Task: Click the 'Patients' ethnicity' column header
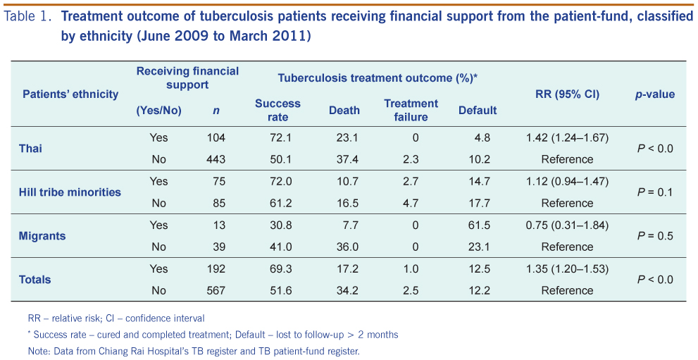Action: tap(70, 94)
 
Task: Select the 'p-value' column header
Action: tap(654, 94)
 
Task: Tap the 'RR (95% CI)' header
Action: tap(567, 94)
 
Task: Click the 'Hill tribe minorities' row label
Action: tap(70, 192)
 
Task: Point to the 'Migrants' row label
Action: tap(42, 236)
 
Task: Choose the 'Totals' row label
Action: tap(35, 280)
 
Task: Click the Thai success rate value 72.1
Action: tap(281, 137)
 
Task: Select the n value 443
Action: tap(216, 159)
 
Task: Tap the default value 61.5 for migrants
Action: tap(480, 225)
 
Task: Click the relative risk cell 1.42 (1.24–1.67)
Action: tap(567, 137)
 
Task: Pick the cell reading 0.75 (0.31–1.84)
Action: tap(567, 225)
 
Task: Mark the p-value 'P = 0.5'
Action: tap(655, 236)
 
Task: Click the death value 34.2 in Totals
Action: tap(348, 290)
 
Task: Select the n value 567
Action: tap(216, 290)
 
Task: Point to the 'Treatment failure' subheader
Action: tap(411, 111)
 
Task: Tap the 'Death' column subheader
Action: tap(344, 111)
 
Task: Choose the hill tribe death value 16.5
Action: tap(348, 204)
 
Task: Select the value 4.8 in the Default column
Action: tap(482, 137)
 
